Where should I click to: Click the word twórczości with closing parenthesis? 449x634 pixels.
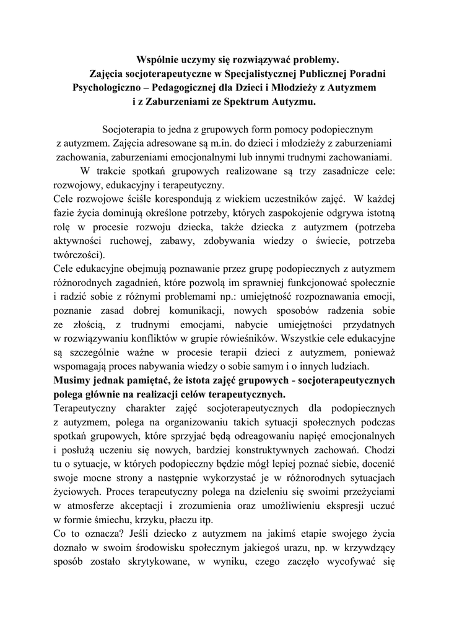pyautogui.click(x=79, y=253)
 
